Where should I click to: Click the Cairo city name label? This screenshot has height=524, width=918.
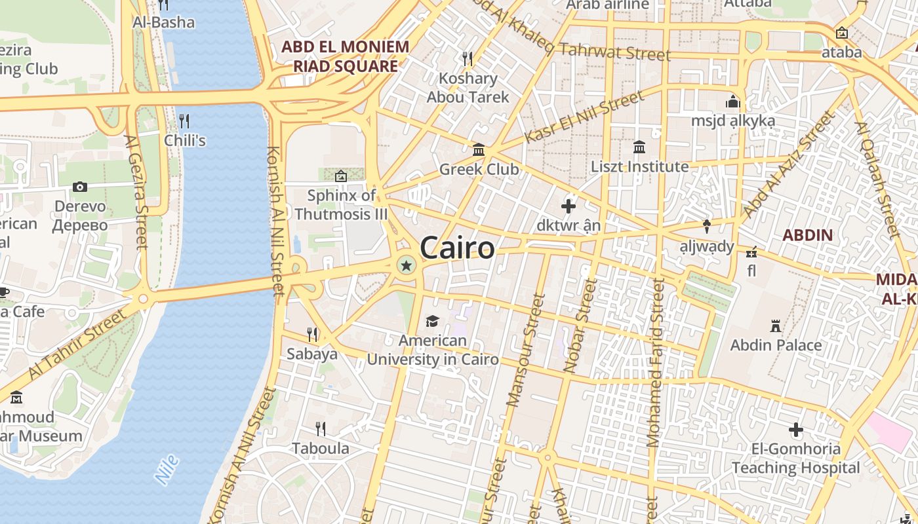(x=457, y=248)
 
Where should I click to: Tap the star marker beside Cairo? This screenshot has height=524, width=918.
(x=407, y=265)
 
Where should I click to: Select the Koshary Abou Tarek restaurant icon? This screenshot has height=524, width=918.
(x=468, y=58)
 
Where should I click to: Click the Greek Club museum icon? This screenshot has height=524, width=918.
(x=479, y=150)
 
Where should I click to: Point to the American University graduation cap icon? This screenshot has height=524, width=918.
(x=432, y=321)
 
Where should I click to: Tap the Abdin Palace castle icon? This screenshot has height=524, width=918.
(x=776, y=326)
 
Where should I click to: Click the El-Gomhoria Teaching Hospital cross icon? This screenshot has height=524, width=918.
(x=796, y=430)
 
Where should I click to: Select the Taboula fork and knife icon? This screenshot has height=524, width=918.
(x=321, y=429)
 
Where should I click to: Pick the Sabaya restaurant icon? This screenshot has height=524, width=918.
(x=312, y=335)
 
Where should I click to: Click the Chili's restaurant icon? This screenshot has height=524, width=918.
(x=184, y=121)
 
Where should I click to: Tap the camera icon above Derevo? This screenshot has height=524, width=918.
(x=80, y=187)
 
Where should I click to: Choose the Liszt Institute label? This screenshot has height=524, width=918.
(x=640, y=166)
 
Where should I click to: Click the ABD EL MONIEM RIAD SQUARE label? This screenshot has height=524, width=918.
(x=346, y=56)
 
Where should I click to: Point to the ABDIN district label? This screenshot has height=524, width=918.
(x=808, y=235)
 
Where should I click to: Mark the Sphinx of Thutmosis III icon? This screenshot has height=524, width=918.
(x=341, y=176)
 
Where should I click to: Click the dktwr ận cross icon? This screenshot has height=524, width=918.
(x=569, y=207)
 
